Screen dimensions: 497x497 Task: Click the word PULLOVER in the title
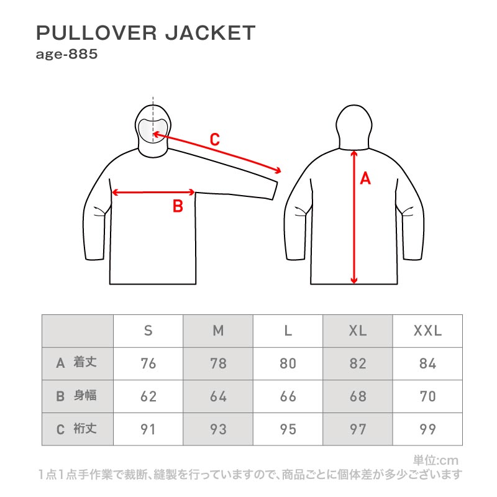[96, 33]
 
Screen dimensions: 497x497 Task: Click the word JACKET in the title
[211, 33]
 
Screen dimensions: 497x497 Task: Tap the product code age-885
[66, 54]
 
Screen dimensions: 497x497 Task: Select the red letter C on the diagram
[214, 139]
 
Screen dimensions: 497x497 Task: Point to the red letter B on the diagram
[178, 206]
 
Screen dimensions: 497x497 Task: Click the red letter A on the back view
[365, 178]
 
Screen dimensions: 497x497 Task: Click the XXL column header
[427, 331]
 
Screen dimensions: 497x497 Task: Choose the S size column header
[148, 331]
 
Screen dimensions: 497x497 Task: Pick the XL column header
[358, 331]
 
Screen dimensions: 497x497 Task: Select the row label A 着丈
[76, 363]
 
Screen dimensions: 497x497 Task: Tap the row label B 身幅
[76, 396]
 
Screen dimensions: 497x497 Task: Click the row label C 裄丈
[76, 429]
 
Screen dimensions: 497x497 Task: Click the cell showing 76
[148, 363]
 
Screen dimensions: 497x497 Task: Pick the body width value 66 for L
[288, 396]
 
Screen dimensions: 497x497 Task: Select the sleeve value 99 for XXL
[427, 429]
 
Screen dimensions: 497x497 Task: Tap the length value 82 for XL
[358, 363]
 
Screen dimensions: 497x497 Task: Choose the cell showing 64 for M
[219, 396]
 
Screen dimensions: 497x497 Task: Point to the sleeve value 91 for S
[148, 429]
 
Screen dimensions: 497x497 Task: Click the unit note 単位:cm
[436, 460]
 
